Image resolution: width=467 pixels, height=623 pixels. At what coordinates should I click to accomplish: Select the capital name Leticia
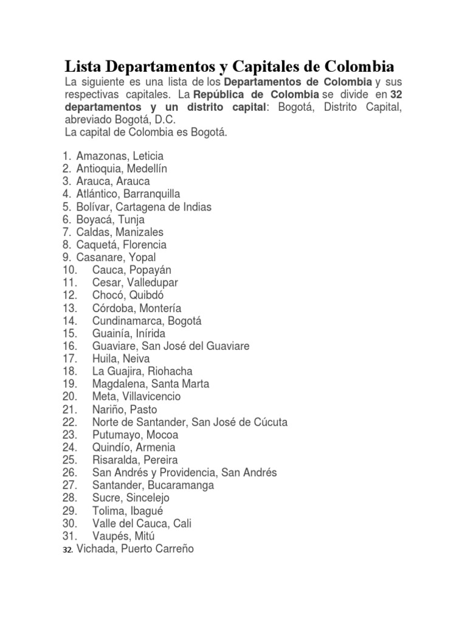pos(145,156)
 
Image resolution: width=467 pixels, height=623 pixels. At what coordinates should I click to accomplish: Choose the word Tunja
pos(131,220)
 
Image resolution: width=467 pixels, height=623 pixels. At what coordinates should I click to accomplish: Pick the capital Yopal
pos(142,257)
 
